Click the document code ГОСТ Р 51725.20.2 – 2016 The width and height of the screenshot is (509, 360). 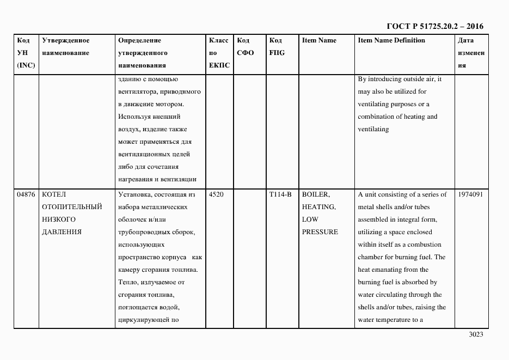[434, 26]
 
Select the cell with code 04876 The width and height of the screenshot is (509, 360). [26, 194]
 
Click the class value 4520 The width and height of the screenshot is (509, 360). [216, 194]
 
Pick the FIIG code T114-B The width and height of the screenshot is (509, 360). [280, 194]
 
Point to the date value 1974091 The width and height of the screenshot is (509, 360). [470, 194]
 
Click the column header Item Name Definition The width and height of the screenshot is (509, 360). [391, 41]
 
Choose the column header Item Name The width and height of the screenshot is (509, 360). [319, 41]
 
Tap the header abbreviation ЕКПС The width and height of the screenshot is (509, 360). [219, 65]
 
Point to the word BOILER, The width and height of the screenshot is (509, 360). [316, 194]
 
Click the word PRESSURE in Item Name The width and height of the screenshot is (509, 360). [320, 232]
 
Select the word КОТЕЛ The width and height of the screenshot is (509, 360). [53, 194]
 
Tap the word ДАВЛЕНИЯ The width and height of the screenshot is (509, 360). [62, 232]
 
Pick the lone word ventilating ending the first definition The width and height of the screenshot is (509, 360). [373, 129]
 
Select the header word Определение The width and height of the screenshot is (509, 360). [139, 41]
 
